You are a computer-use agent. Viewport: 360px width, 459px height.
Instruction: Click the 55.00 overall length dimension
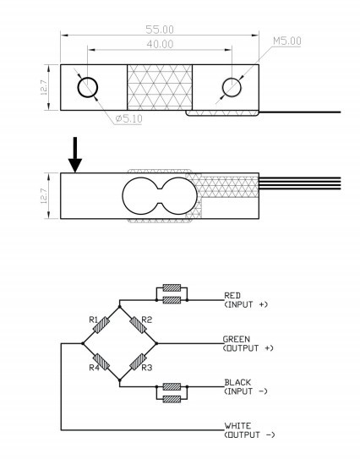[160, 30]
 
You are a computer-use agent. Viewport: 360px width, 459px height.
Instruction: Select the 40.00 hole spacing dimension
[160, 44]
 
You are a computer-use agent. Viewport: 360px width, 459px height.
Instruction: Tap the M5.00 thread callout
[286, 41]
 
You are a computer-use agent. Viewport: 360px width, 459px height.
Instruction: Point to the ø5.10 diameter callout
[128, 118]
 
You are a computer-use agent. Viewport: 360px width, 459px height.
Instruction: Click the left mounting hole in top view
[88, 88]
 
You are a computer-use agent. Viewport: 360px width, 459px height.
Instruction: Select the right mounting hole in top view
[232, 87]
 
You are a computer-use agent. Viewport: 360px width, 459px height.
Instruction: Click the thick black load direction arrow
[75, 155]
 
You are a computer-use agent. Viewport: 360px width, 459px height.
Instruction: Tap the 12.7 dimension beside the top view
[44, 87]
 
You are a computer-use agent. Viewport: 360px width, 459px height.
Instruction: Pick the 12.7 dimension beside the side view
[44, 195]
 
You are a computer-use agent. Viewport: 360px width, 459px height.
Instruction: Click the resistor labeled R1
[101, 325]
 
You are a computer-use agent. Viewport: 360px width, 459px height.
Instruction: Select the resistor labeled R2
[138, 325]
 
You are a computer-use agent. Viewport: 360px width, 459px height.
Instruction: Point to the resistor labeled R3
[138, 362]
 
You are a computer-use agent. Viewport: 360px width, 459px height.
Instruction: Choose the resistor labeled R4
[101, 362]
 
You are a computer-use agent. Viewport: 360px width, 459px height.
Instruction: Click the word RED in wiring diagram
[232, 295]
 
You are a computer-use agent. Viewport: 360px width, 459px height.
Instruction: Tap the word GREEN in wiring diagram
[237, 339]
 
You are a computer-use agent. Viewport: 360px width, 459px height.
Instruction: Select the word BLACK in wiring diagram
[237, 382]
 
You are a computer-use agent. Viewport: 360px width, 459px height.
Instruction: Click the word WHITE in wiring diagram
[237, 426]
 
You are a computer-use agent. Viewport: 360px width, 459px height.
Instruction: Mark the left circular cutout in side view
[140, 195]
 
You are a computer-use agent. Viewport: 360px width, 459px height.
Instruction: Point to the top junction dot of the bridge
[119, 307]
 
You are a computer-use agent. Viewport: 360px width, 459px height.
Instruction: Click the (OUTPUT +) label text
[248, 348]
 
